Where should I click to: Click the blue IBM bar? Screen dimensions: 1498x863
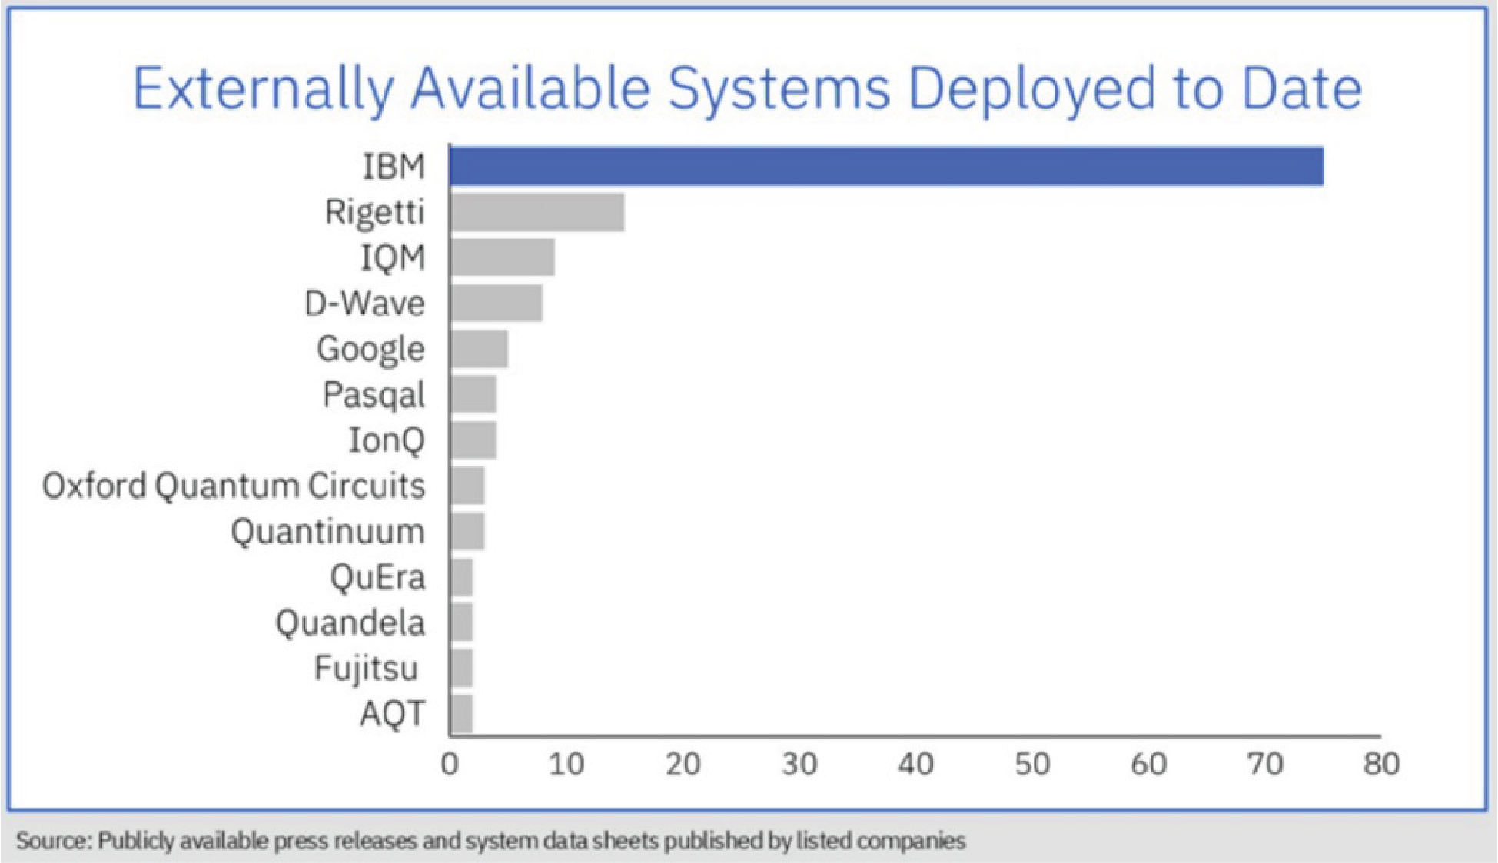[x=886, y=166]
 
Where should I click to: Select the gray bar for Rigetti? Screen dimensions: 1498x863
[x=537, y=212]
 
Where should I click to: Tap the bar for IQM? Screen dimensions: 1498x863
[x=503, y=257]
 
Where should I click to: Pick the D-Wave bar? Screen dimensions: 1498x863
[x=497, y=303]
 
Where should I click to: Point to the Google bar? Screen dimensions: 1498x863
[x=479, y=349]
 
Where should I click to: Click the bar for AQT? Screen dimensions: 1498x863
[x=461, y=714]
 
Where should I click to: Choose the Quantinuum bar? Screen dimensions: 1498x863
[x=467, y=531]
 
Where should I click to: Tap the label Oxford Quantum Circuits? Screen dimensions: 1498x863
[x=234, y=486]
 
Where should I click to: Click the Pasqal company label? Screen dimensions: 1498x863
[x=374, y=395]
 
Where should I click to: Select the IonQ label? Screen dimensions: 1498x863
[x=387, y=440]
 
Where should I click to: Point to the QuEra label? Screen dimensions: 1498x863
[x=377, y=577]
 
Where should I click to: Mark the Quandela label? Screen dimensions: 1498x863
[x=350, y=622]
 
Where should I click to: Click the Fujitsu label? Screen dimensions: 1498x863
[x=367, y=669]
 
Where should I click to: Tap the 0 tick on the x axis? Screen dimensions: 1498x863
[x=450, y=764]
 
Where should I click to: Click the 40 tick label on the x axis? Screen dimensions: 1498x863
[x=915, y=764]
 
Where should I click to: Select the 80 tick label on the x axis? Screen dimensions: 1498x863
[x=1381, y=764]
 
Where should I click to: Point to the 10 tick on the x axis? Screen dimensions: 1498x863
[x=566, y=764]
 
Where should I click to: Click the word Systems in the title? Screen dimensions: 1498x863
[x=779, y=88]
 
